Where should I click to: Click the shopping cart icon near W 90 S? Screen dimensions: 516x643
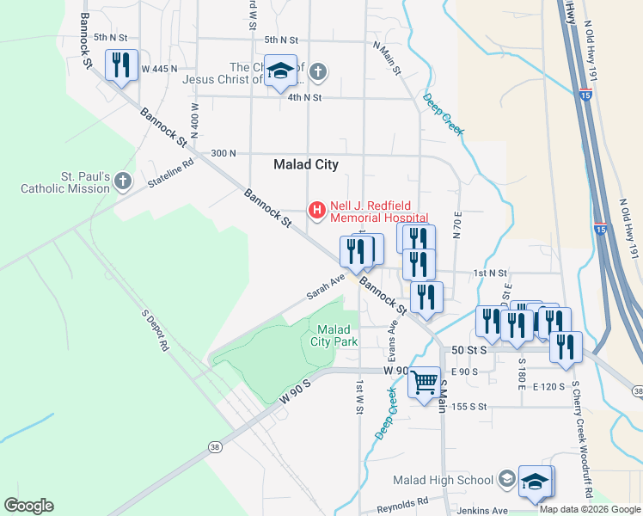424,382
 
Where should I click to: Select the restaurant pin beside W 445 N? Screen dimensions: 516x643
121,65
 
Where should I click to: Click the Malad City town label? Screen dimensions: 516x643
305,164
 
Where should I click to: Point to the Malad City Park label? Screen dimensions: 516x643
334,335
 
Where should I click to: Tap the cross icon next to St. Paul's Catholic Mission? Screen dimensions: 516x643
123,181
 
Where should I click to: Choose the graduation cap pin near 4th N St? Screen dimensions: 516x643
280,72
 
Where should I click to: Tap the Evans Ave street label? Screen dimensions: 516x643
393,337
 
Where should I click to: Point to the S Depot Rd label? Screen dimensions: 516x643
156,328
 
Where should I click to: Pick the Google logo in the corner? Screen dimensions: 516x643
28,506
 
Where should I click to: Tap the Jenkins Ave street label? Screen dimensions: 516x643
473,510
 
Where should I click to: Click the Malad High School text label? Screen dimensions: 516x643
442,480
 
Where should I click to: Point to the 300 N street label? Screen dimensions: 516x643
223,153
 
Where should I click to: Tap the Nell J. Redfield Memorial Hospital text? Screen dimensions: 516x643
379,212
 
